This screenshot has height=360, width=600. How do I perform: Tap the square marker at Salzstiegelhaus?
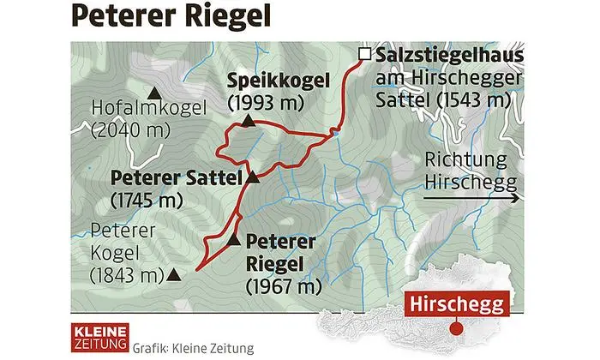365,55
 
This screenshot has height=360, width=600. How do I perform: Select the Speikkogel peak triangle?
248,122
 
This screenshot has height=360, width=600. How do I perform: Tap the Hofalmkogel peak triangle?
155,91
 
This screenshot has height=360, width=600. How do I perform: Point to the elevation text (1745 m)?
147,201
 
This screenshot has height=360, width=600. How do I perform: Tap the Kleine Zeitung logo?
99,338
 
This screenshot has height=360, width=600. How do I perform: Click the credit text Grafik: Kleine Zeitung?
183,348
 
